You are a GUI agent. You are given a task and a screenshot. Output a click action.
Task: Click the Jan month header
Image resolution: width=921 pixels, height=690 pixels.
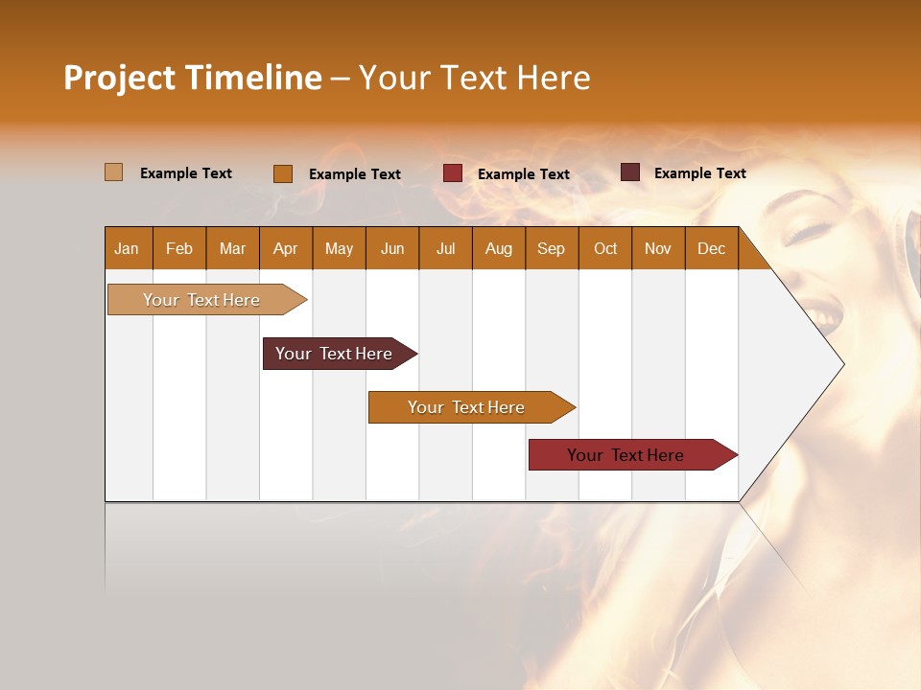pyautogui.click(x=128, y=249)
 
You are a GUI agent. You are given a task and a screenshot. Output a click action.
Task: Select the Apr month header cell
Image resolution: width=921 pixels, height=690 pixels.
pyautogui.click(x=286, y=249)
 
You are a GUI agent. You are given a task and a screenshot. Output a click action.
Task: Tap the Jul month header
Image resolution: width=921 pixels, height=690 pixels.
pyautogui.click(x=446, y=249)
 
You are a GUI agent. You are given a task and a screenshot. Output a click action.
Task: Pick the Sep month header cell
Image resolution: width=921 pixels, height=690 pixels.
pyautogui.click(x=552, y=249)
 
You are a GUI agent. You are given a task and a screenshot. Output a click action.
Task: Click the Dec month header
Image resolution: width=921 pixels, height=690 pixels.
pyautogui.click(x=712, y=249)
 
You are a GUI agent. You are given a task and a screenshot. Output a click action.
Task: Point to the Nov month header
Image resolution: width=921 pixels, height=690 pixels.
pyautogui.click(x=658, y=249)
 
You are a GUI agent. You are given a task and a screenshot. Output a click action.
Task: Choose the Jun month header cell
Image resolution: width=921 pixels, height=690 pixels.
pyautogui.click(x=392, y=249)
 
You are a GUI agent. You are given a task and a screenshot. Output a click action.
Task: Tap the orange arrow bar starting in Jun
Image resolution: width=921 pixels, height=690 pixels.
pyautogui.click(x=467, y=407)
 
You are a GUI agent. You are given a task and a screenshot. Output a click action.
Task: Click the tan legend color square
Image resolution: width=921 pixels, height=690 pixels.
pyautogui.click(x=114, y=172)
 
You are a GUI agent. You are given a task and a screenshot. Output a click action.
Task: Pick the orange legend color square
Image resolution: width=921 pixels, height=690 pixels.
pyautogui.click(x=283, y=173)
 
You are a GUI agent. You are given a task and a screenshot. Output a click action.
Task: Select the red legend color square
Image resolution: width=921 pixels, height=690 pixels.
pyautogui.click(x=453, y=173)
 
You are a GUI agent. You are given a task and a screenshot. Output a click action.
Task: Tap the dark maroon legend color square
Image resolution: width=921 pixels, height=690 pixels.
pyautogui.click(x=630, y=172)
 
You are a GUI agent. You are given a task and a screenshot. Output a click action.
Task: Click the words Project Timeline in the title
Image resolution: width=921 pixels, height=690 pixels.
pyautogui.click(x=192, y=78)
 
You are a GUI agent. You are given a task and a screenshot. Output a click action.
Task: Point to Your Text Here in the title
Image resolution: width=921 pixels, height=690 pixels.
pyautogui.click(x=475, y=78)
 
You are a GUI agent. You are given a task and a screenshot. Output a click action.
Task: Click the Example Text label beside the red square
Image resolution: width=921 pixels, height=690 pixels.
pyautogui.click(x=524, y=174)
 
